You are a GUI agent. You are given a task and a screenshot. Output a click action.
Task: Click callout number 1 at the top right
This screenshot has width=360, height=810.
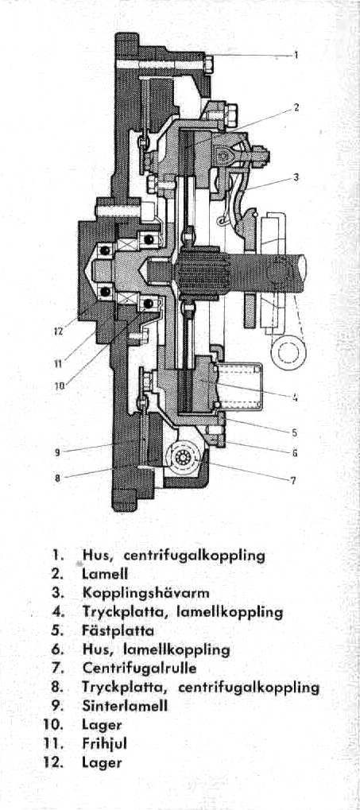click(296, 55)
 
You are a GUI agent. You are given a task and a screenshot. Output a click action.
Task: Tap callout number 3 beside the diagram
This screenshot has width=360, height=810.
click(296, 176)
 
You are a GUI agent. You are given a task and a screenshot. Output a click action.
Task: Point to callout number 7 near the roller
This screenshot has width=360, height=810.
click(293, 480)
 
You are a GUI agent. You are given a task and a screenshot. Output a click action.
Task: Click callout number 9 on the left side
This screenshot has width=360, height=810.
click(58, 452)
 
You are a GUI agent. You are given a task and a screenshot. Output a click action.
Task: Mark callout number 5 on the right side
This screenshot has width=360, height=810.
click(294, 432)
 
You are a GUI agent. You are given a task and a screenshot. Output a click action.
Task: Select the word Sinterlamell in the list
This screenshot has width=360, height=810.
click(126, 707)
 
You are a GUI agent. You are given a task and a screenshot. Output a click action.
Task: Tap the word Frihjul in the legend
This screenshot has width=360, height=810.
click(105, 745)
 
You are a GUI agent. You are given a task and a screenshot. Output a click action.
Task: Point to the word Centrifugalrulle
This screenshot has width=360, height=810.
click(139, 669)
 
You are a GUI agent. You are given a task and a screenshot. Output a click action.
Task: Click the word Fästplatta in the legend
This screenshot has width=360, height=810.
click(118, 631)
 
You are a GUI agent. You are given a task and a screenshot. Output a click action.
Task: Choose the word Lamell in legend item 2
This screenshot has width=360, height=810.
click(105, 575)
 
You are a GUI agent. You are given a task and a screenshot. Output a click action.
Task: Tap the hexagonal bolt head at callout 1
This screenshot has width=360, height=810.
click(209, 64)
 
